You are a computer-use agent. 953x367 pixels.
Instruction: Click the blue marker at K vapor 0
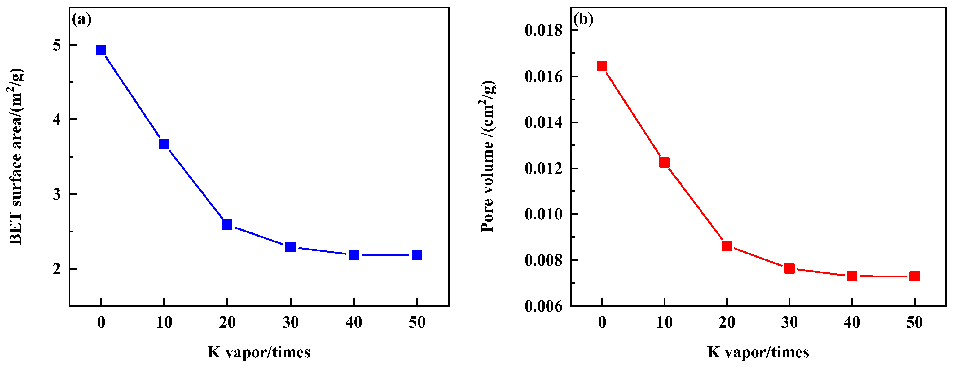(x=101, y=50)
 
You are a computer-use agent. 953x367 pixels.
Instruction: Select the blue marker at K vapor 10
(x=164, y=144)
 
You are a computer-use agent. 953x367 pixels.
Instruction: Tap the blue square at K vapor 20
(x=227, y=224)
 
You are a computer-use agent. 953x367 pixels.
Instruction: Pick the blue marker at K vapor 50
(x=417, y=255)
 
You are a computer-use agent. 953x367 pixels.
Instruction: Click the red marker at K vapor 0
(x=602, y=66)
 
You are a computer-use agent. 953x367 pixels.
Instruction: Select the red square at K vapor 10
(x=665, y=162)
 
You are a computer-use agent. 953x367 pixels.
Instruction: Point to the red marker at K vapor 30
(x=789, y=268)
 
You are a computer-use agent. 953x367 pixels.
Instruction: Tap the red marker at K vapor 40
(x=852, y=276)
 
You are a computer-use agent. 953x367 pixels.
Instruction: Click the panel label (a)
(x=82, y=19)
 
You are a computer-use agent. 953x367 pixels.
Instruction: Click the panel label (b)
(x=583, y=19)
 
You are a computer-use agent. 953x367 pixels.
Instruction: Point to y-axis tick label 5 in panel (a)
(x=57, y=45)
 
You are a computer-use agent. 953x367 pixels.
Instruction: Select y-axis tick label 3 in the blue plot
(x=57, y=194)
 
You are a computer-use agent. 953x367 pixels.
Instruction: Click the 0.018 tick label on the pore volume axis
(x=543, y=30)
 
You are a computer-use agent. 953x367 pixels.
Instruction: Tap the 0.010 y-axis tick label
(x=543, y=214)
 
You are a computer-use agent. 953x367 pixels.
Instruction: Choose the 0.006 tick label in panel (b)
(x=543, y=306)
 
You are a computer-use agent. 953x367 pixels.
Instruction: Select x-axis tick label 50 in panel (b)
(x=915, y=323)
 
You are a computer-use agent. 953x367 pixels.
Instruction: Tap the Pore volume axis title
(x=488, y=156)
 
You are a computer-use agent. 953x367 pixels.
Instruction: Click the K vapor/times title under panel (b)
(x=758, y=352)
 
